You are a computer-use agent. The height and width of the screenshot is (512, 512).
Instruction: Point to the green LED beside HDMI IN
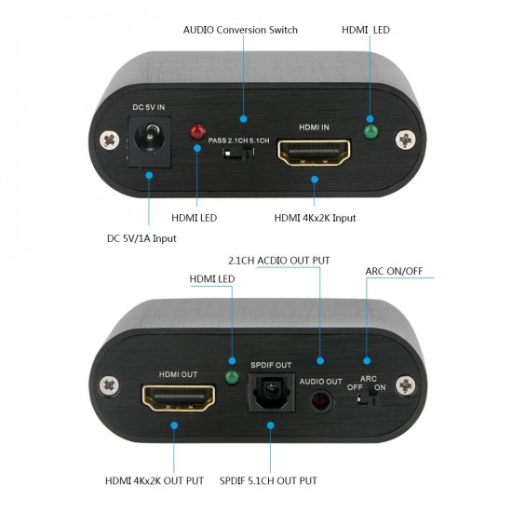click(370, 131)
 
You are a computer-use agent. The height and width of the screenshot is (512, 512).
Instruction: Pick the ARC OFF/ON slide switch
click(370, 398)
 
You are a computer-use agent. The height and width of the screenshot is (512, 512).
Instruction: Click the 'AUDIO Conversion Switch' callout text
click(241, 30)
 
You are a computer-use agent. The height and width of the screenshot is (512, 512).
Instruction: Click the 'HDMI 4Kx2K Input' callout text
click(315, 218)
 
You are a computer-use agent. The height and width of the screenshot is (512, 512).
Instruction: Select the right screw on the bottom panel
click(405, 384)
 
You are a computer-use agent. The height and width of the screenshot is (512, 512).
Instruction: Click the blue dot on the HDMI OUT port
click(174, 424)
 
